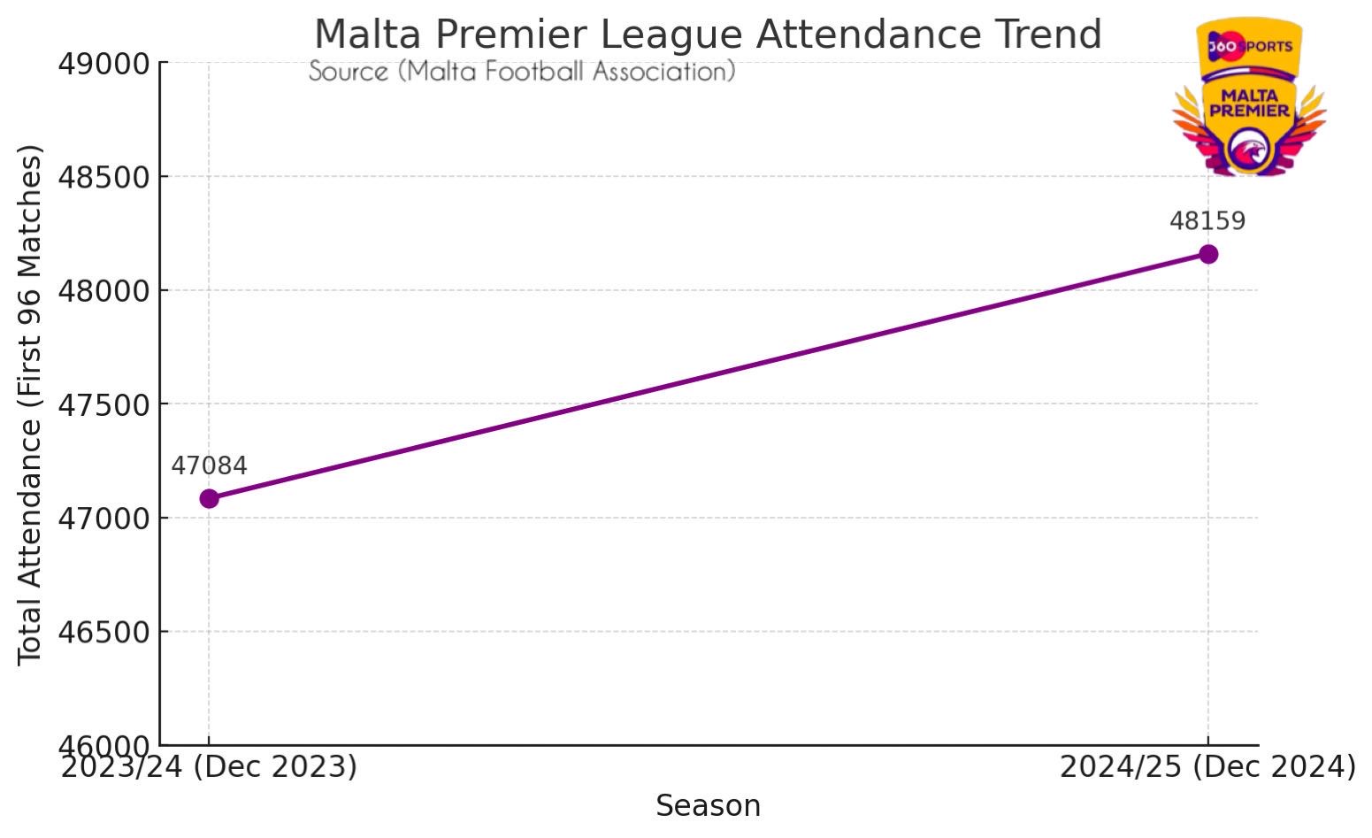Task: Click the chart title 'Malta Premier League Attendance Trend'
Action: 708,35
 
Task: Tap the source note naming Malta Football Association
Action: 522,72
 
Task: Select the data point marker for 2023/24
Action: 209,498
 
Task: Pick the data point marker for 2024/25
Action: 1207,254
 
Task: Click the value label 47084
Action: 209,466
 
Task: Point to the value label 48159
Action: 1207,221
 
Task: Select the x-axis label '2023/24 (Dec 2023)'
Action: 209,767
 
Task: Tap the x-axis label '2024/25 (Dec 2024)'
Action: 1207,767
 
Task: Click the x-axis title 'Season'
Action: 708,806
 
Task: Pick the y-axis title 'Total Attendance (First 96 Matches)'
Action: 31,404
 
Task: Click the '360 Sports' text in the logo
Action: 1249,46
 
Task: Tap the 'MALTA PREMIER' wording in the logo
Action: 1249,103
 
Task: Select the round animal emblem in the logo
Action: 1248,150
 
